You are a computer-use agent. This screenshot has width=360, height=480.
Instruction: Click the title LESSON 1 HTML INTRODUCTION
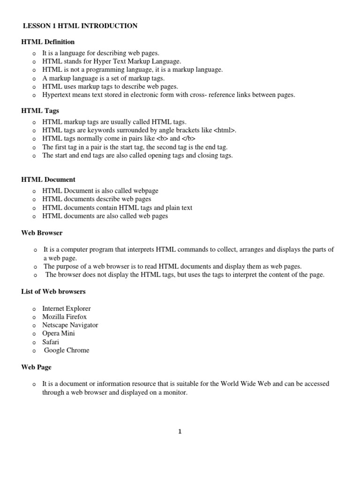(x=80, y=26)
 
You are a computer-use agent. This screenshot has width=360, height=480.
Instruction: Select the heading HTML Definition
(x=48, y=42)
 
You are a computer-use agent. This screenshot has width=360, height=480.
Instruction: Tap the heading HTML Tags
(x=40, y=111)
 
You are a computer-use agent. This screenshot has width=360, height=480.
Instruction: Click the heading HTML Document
(x=48, y=180)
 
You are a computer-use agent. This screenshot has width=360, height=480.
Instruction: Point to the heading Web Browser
(x=42, y=232)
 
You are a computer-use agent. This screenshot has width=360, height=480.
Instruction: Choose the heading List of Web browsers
(x=53, y=292)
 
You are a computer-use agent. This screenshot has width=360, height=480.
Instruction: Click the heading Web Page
(x=37, y=367)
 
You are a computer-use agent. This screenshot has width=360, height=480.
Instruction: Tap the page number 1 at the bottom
(x=180, y=432)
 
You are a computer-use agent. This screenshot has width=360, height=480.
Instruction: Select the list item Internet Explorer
(x=66, y=308)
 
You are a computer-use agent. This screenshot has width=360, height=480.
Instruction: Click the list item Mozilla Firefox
(x=64, y=317)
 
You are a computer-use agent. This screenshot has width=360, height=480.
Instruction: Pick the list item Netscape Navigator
(x=70, y=325)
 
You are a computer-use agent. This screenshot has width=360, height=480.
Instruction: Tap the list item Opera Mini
(x=58, y=333)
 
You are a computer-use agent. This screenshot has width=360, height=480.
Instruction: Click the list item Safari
(x=51, y=342)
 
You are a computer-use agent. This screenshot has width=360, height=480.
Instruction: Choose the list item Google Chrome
(x=67, y=350)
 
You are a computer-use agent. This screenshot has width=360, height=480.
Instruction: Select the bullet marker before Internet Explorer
(x=34, y=309)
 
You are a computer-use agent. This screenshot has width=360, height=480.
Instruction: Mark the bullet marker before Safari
(x=34, y=342)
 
